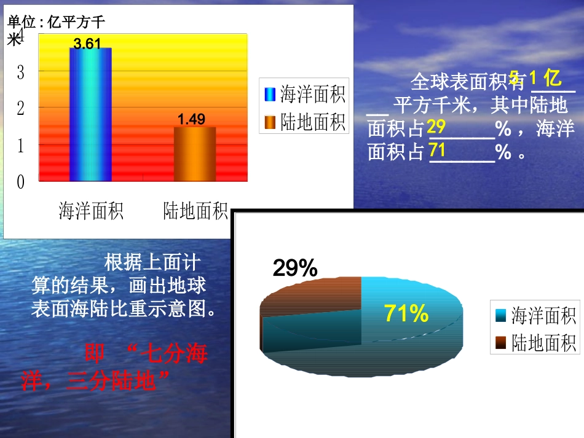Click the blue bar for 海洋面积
[90, 114]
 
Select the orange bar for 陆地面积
[195, 154]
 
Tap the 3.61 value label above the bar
[87, 44]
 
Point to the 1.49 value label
[191, 119]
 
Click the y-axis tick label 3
[20, 72]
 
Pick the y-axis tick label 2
[20, 109]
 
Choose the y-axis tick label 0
[20, 182]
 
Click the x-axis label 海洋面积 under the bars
[91, 211]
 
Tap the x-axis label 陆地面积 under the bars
[195, 211]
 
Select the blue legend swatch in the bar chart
[270, 94]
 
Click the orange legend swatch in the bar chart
[270, 123]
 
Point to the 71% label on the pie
[406, 313]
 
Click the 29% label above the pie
[294, 268]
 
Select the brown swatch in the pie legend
[500, 342]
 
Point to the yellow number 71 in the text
[436, 150]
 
